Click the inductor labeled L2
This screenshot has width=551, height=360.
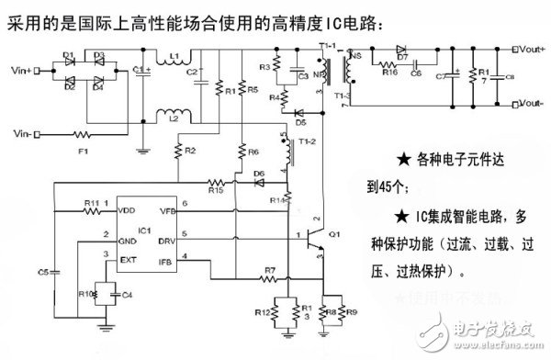[x=174, y=118]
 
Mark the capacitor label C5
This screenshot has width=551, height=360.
[x=43, y=273]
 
